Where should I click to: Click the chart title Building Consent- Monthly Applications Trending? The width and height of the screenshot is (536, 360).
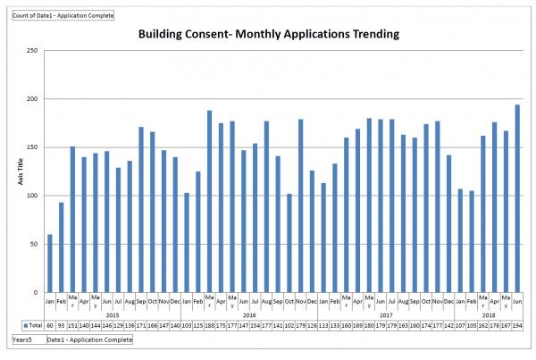click(x=268, y=35)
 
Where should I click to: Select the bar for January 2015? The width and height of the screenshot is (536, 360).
click(x=49, y=264)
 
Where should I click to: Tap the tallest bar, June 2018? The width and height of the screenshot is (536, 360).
click(x=517, y=198)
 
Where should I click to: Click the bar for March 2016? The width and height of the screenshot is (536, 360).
click(x=209, y=201)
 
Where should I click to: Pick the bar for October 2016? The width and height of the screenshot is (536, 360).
click(x=289, y=243)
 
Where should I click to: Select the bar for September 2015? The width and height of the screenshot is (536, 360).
click(x=141, y=209)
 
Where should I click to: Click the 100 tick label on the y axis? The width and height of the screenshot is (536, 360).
click(x=31, y=196)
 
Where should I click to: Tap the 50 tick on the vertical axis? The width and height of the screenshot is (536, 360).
click(x=33, y=244)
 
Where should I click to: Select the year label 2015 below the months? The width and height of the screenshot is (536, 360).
click(x=113, y=314)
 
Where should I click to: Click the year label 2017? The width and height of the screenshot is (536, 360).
click(x=386, y=314)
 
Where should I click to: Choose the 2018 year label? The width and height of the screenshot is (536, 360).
click(x=489, y=314)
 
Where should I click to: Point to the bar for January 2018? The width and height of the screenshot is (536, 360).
click(x=460, y=240)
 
